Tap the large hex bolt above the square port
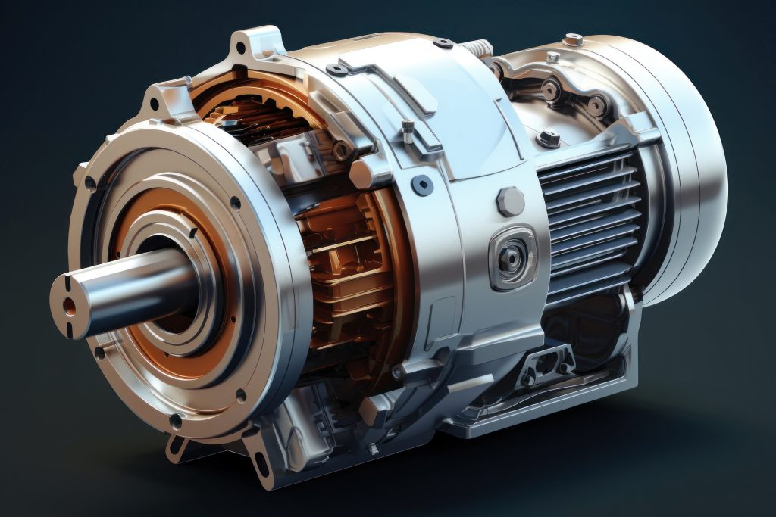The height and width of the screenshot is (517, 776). click(x=510, y=201)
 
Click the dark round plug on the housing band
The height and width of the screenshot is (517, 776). click(x=421, y=184)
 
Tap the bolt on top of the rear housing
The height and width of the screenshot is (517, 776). click(x=574, y=39)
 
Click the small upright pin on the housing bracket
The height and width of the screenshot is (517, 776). click(x=408, y=130)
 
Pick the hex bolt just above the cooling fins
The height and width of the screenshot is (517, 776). click(x=549, y=138)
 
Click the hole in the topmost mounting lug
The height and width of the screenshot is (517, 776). click(x=241, y=48)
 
